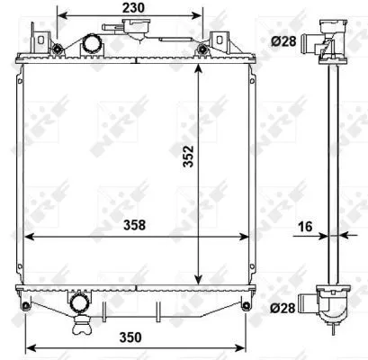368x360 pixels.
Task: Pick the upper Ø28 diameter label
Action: (283, 40)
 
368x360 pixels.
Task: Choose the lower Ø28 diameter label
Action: (283, 309)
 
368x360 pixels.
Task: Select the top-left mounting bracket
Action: (40, 40)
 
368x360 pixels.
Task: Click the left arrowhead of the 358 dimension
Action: (27, 237)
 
